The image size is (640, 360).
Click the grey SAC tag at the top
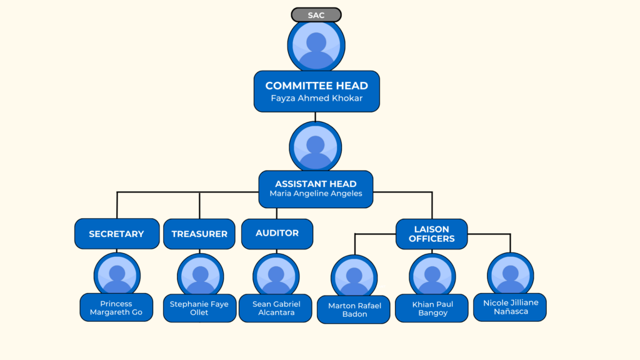(316, 15)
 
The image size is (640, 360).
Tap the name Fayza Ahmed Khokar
(316, 99)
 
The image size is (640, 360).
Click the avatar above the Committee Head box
(316, 45)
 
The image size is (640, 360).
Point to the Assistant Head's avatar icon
(316, 147)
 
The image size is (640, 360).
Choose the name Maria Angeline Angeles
(316, 194)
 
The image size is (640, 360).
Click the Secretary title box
(116, 234)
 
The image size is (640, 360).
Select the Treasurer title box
(199, 234)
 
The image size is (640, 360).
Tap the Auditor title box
(277, 233)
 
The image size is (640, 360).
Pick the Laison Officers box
(431, 234)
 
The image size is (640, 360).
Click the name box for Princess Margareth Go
(116, 307)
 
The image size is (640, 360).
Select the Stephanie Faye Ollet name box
(199, 308)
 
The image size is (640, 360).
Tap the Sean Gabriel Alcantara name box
(276, 308)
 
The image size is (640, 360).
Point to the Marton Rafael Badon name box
(354, 309)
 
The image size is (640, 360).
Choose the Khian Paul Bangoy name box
(432, 308)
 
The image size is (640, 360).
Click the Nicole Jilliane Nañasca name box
(510, 307)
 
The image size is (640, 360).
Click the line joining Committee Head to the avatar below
(316, 117)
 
